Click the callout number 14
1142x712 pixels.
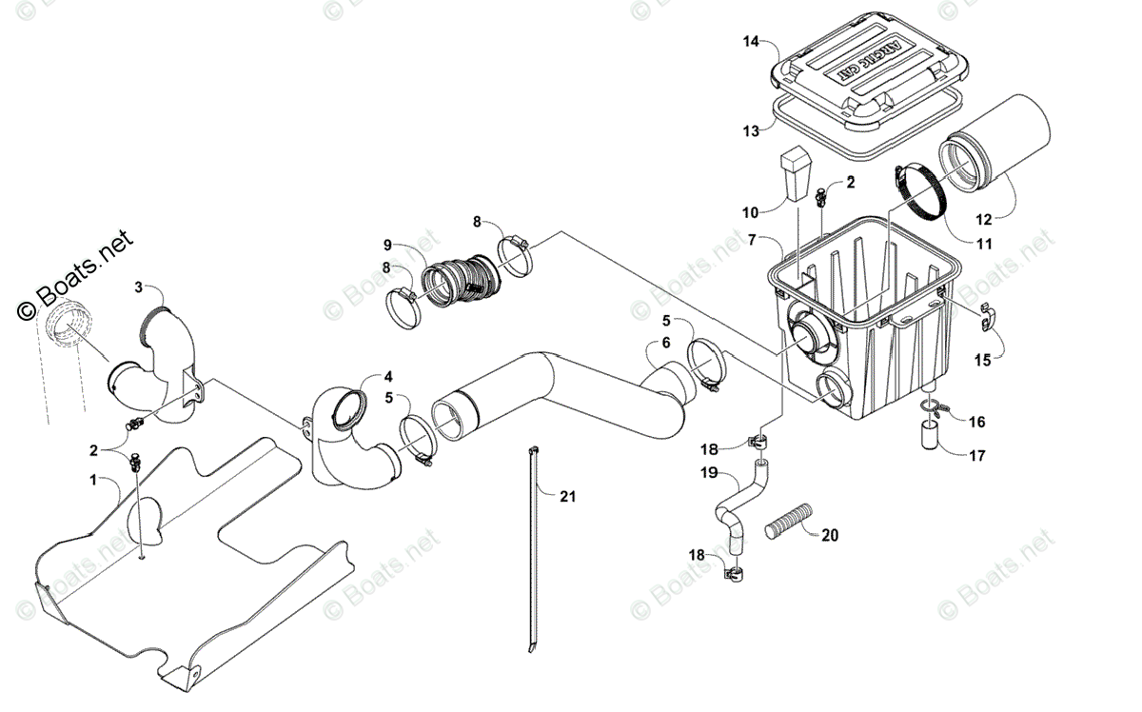(751, 41)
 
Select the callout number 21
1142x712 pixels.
(568, 496)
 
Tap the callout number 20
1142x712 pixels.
(830, 535)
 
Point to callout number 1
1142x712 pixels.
(93, 481)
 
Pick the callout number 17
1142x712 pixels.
(977, 455)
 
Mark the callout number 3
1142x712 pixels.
(139, 286)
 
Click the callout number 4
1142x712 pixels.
(388, 375)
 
